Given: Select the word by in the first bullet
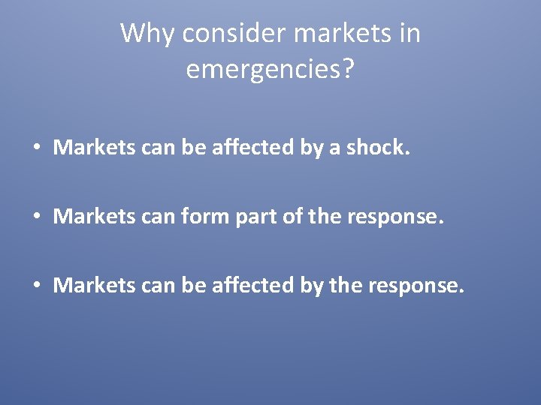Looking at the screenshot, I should (x=312, y=148).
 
